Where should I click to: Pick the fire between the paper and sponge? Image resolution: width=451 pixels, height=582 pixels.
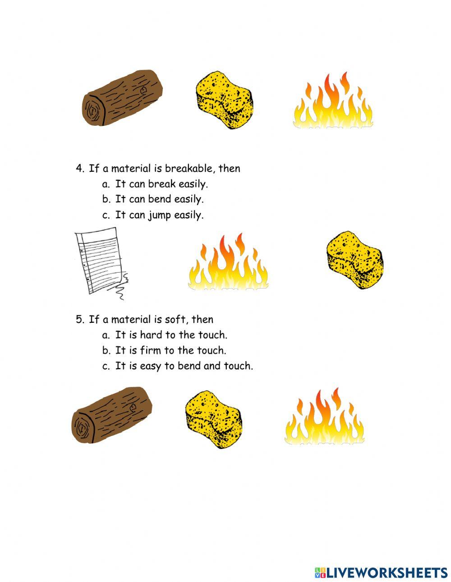[228, 264]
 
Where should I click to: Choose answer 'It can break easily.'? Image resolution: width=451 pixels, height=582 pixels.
[161, 184]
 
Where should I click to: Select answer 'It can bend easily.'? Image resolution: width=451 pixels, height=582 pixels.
[159, 199]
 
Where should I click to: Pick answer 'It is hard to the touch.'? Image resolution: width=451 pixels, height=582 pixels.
[171, 335]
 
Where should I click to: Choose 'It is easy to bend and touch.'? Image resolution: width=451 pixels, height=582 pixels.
[184, 366]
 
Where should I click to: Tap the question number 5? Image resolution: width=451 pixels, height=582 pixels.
[79, 320]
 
